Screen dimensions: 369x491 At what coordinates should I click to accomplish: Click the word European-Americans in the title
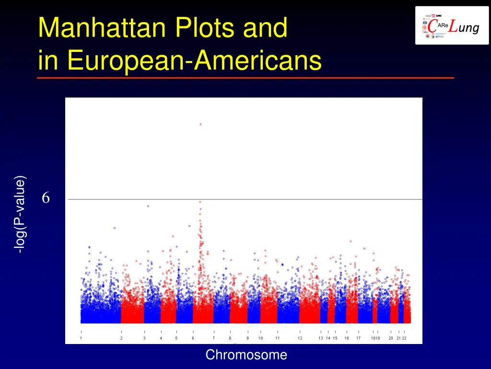(194, 61)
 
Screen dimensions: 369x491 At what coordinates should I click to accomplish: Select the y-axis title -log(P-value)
(20, 215)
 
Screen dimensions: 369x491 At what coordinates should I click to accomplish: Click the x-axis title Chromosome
(246, 355)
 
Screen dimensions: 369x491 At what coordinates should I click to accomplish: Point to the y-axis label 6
(46, 197)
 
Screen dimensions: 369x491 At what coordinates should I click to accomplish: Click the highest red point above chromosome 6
(201, 124)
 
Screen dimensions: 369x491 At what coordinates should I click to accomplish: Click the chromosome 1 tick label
(81, 338)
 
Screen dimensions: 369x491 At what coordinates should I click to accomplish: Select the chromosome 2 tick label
(121, 338)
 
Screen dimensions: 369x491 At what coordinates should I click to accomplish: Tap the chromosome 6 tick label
(193, 338)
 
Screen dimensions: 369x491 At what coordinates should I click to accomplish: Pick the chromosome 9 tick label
(248, 338)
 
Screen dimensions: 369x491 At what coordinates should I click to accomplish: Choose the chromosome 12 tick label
(300, 338)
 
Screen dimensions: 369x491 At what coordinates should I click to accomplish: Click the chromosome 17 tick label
(358, 338)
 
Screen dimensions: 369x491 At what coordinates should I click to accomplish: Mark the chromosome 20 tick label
(391, 338)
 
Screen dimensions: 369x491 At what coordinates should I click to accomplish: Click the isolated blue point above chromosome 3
(148, 206)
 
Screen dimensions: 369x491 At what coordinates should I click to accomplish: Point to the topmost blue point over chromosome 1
(115, 228)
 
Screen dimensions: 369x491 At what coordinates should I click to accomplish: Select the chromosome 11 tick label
(277, 338)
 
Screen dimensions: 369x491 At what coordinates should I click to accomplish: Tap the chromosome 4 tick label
(161, 338)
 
